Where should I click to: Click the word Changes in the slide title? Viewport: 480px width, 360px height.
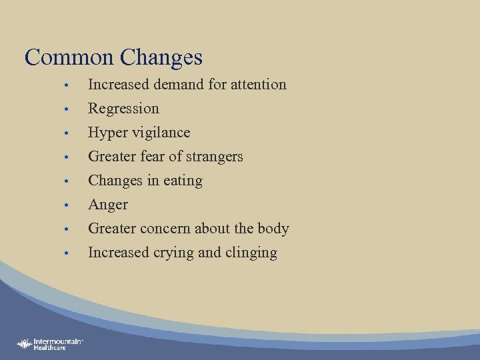[161, 57]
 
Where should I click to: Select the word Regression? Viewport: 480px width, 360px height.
[123, 109]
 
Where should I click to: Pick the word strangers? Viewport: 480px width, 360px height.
[215, 157]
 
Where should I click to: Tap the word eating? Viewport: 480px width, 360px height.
[184, 181]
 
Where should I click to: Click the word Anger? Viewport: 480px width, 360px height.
[107, 205]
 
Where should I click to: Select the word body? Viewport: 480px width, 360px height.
[274, 229]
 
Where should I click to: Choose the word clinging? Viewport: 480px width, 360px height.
[251, 253]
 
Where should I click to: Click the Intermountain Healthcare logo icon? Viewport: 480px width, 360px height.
[25, 344]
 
